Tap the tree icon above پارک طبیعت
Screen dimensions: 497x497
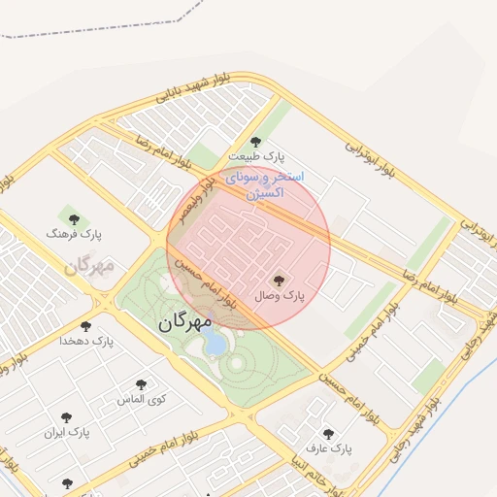(x=256, y=142)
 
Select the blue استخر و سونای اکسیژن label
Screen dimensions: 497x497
(x=264, y=185)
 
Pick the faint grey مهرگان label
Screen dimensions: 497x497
(x=89, y=264)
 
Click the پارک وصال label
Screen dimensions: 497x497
(x=281, y=294)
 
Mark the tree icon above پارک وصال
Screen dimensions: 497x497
(x=281, y=280)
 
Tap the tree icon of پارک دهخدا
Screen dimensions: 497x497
(x=86, y=327)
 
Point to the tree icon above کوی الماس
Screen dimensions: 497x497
(x=142, y=384)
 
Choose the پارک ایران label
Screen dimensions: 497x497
(x=72, y=431)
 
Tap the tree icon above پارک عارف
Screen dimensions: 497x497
(x=328, y=435)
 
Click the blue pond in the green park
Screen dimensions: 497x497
(x=215, y=342)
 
